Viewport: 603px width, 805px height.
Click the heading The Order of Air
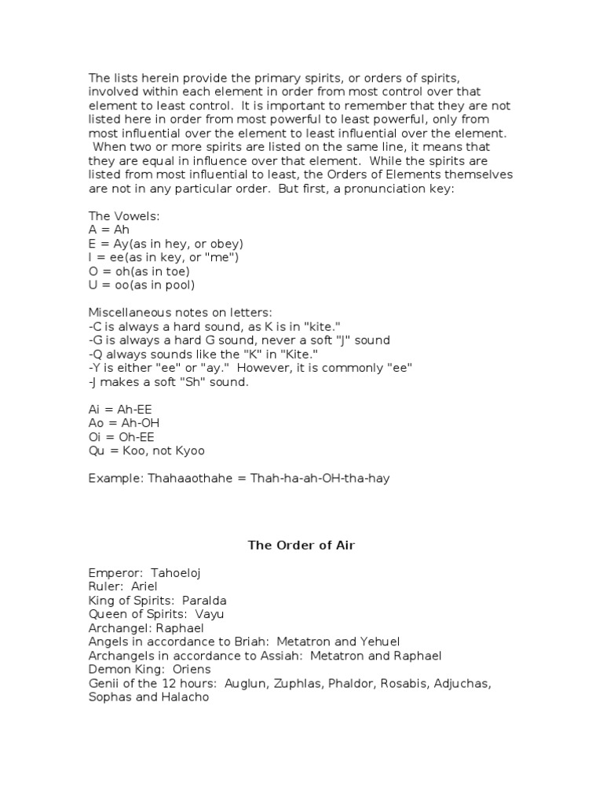pos(301,545)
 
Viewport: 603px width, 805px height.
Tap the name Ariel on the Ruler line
pos(143,586)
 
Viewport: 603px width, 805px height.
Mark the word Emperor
pos(111,573)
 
